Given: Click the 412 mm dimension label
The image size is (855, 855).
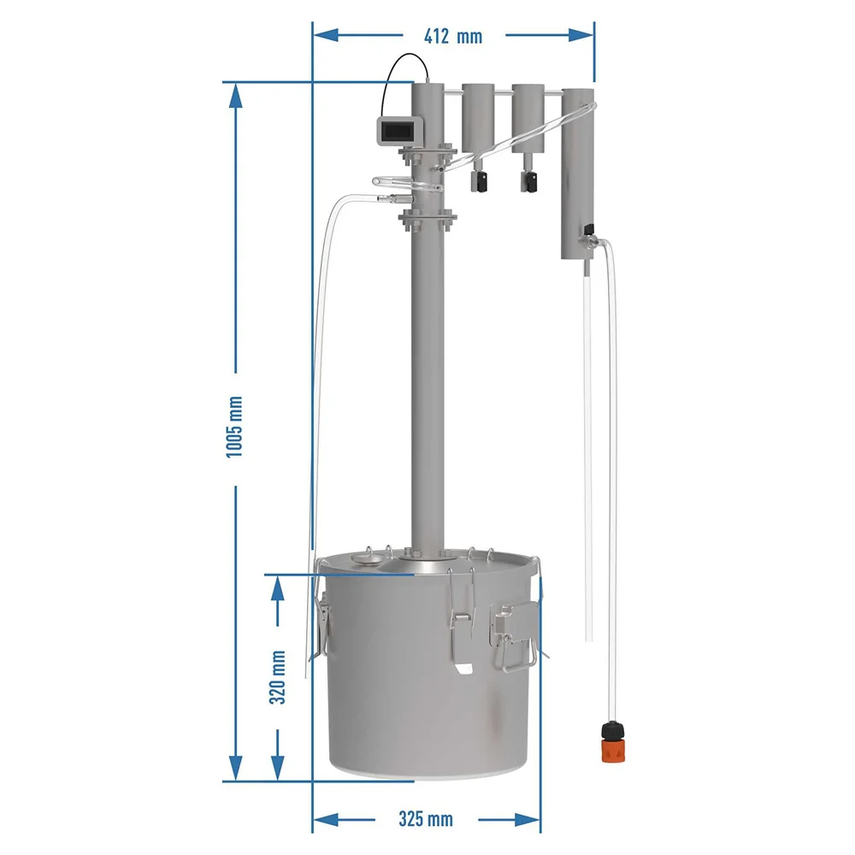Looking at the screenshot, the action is pos(453,37).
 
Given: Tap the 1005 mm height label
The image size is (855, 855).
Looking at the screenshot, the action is pos(234,427).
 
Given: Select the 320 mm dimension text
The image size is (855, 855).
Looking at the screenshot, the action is pos(278,676).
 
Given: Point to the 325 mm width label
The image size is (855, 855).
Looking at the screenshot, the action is pos(425,819).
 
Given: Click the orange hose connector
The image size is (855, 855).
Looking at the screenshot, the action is pos(613,741).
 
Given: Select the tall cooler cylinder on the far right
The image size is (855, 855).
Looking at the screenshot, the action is pos(578,174).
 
